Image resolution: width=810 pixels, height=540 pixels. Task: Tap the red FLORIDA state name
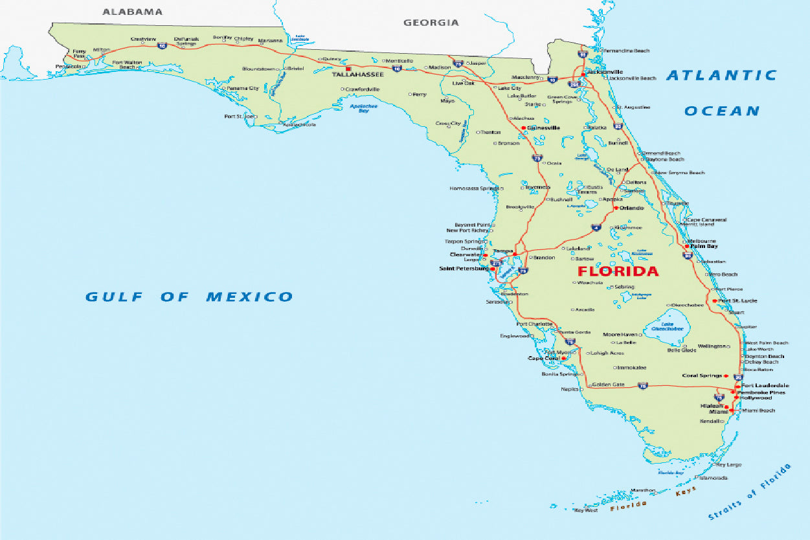618,271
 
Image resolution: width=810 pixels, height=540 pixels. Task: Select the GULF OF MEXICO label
189,297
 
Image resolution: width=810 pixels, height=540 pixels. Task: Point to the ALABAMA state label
133,12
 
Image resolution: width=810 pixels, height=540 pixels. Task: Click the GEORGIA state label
431,23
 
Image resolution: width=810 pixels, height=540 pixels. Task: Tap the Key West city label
586,511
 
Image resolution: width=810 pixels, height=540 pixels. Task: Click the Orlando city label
631,208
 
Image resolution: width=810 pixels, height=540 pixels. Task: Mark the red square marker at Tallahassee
348,69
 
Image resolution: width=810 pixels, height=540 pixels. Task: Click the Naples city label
570,389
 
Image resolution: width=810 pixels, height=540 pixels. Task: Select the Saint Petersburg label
463,268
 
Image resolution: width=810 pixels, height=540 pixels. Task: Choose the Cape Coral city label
544,358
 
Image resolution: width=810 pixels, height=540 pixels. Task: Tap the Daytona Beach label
665,159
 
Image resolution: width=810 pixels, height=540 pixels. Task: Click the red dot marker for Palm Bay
686,246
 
